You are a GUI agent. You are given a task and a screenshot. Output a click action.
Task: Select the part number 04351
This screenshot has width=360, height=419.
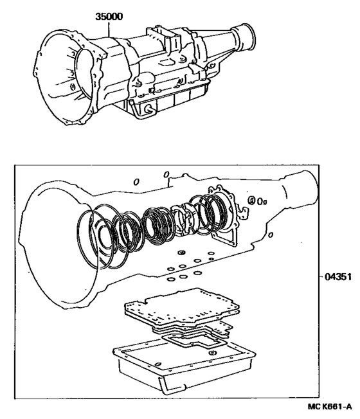pos(335,277)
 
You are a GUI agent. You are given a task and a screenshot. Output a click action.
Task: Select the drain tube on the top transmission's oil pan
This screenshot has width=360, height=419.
pos(147,110)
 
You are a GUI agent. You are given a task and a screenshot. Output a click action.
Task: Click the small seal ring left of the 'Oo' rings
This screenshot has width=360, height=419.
pos(251,200)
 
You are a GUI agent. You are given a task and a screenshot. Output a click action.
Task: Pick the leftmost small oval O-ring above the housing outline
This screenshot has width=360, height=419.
pos(136,182)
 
